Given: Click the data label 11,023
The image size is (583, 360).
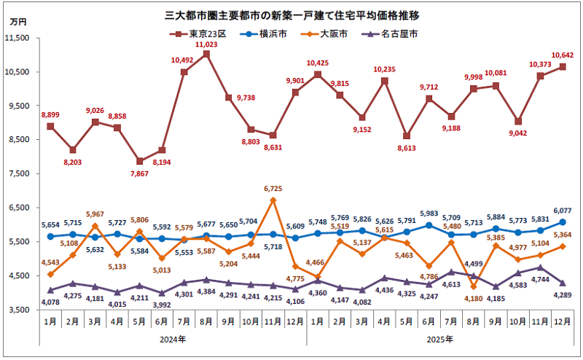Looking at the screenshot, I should [x=207, y=44].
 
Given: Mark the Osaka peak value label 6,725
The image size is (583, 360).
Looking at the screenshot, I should [x=272, y=189].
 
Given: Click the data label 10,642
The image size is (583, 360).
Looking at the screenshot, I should [x=562, y=55].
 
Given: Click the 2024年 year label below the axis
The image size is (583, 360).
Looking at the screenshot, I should [x=173, y=340].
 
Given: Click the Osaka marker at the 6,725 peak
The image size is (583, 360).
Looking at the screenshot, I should [x=273, y=200].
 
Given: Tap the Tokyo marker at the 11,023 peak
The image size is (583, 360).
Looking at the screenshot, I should [x=207, y=54].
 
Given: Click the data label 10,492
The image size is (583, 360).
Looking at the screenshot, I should [x=184, y=60].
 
